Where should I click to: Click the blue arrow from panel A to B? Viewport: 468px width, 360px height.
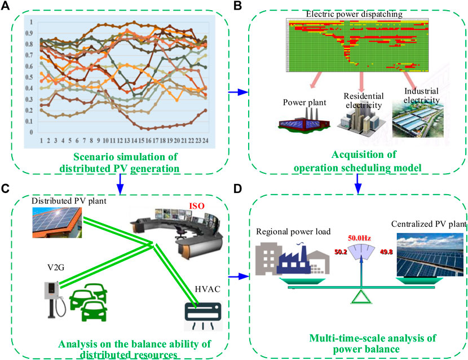(239, 91)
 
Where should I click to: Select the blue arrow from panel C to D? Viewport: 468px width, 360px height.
(239, 276)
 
